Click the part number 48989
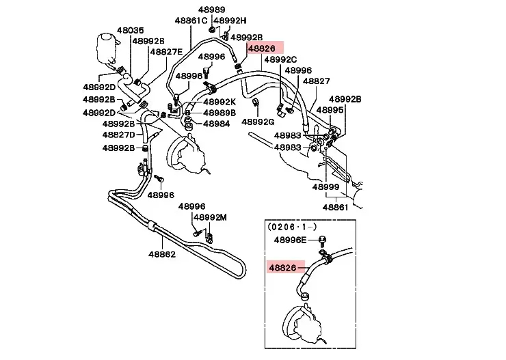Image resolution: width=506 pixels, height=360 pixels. coord(212,10)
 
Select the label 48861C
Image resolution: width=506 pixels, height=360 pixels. coord(191,20)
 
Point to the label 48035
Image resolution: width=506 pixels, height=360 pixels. coord(130,31)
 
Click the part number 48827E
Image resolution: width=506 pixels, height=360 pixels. coord(167,51)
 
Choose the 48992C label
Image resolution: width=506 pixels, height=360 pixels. coord(280,59)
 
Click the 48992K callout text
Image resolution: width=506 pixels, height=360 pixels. coord(219,102)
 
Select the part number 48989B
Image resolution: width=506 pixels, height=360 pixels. coord(219,113)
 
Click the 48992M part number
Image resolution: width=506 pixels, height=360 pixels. coord(210,217)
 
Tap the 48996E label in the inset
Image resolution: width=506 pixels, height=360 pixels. coord(294,240)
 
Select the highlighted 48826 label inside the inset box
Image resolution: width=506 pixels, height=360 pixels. coord(282,268)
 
